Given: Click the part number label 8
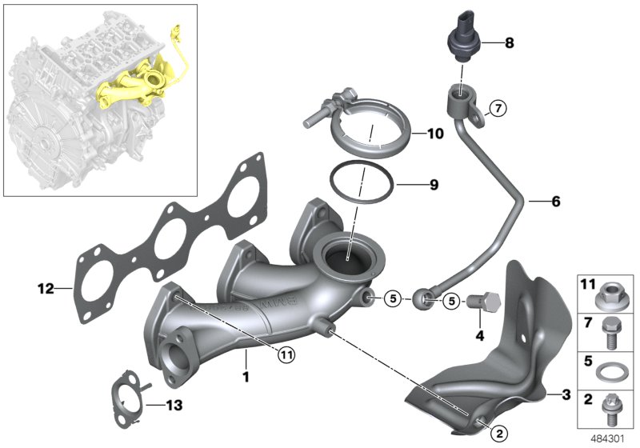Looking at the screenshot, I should click(x=509, y=43).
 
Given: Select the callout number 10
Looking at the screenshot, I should click(x=434, y=134).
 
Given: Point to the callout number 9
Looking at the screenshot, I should click(x=433, y=185).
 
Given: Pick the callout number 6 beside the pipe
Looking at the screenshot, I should click(x=555, y=201).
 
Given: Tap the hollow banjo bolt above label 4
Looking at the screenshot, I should click(x=480, y=304).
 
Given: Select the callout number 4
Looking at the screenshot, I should click(x=480, y=336).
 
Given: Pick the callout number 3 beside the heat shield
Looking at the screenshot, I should click(x=566, y=395).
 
